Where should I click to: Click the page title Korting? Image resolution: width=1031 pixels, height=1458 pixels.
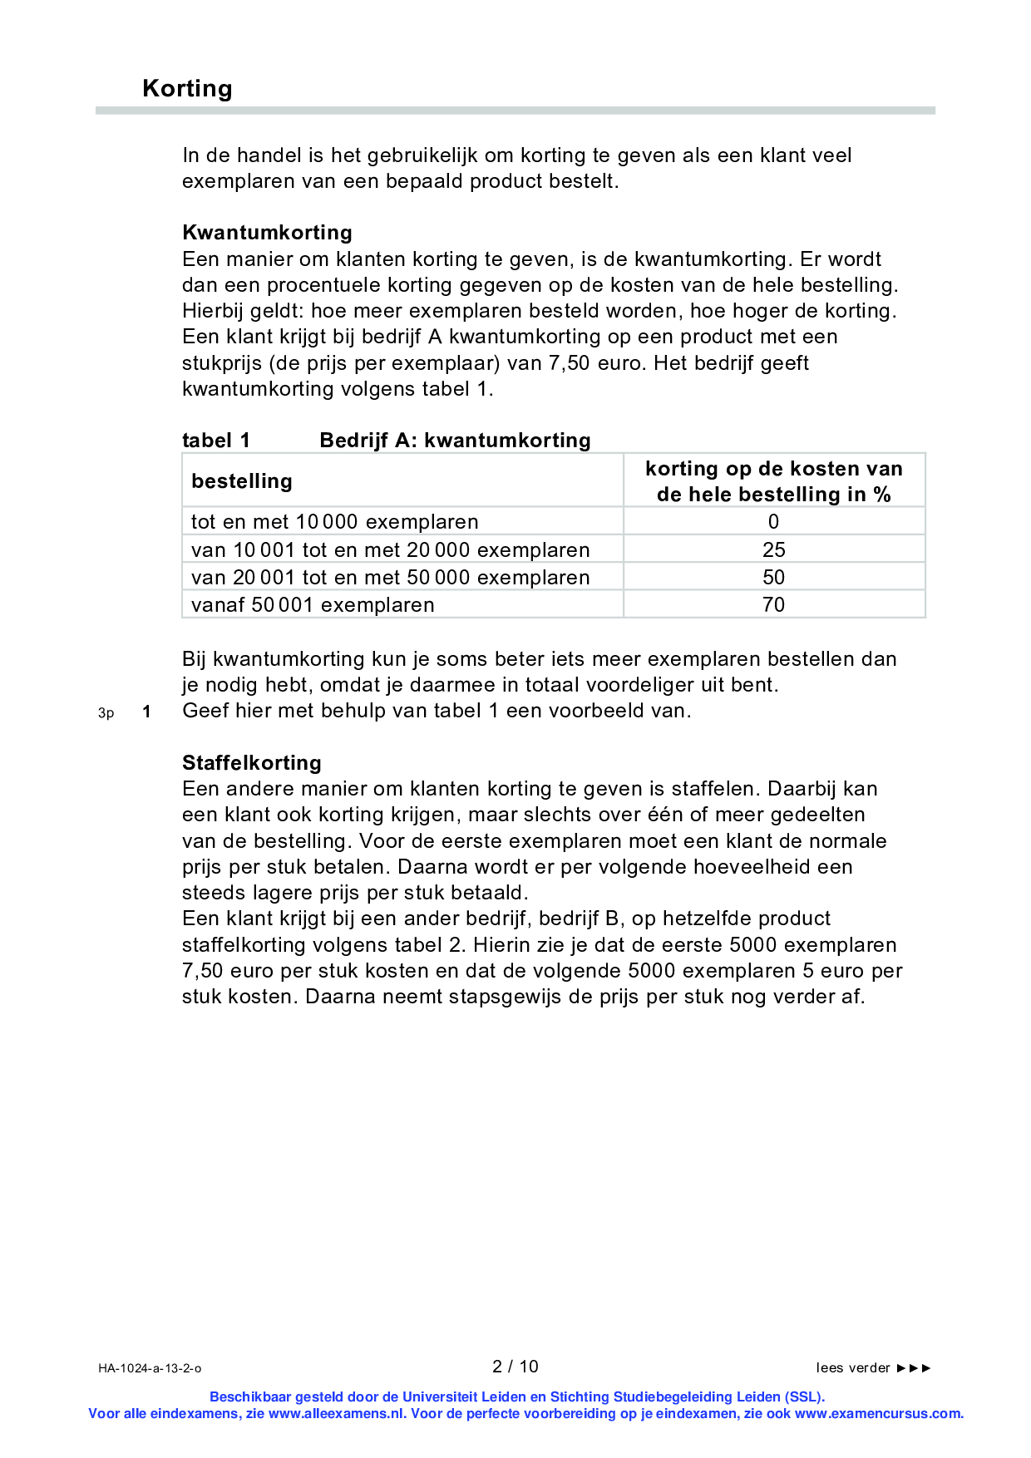pyautogui.click(x=187, y=88)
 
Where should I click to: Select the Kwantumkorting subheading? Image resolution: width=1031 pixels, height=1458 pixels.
pyautogui.click(x=267, y=232)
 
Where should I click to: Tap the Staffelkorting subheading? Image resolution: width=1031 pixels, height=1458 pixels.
pyautogui.click(x=251, y=762)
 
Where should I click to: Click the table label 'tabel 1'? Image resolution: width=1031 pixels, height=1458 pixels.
pyautogui.click(x=215, y=440)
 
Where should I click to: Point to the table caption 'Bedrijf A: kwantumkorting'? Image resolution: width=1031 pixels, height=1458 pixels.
pyautogui.click(x=455, y=440)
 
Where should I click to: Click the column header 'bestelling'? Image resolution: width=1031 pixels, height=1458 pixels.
pyautogui.click(x=241, y=481)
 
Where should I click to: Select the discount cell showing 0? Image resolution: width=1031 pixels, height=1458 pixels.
pyautogui.click(x=773, y=522)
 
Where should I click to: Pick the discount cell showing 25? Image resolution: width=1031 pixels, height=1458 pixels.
pyautogui.click(x=773, y=549)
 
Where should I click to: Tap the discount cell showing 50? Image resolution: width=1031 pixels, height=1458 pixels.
pyautogui.click(x=773, y=577)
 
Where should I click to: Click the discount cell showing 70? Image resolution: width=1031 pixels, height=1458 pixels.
pyautogui.click(x=773, y=604)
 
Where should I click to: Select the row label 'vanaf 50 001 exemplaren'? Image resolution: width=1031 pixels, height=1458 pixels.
pyautogui.click(x=313, y=604)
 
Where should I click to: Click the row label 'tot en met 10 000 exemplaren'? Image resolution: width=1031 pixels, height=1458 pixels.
pyautogui.click(x=334, y=522)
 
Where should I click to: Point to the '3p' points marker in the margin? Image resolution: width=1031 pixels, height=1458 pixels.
pyautogui.click(x=106, y=713)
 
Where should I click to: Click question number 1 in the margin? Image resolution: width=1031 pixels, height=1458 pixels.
pyautogui.click(x=146, y=712)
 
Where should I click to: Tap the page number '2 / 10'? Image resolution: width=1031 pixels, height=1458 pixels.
pyautogui.click(x=515, y=1367)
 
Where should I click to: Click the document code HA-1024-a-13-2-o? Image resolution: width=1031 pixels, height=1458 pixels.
pyautogui.click(x=150, y=1368)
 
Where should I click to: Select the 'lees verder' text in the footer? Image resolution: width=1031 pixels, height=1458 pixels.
pyautogui.click(x=853, y=1367)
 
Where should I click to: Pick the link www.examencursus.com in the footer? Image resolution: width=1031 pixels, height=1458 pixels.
pyautogui.click(x=878, y=1413)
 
